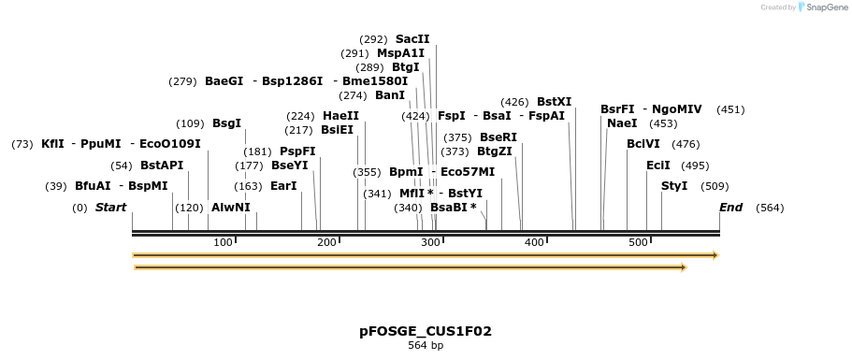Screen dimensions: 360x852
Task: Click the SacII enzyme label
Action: click(412, 39)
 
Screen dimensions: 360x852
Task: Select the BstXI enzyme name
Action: click(554, 102)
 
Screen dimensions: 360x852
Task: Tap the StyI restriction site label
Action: click(674, 186)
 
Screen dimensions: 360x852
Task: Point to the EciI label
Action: click(658, 166)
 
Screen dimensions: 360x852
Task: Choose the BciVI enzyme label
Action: click(643, 144)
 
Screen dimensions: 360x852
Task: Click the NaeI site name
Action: click(622, 123)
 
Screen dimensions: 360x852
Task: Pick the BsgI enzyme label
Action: click(226, 123)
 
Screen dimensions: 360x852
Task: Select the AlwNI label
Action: click(231, 208)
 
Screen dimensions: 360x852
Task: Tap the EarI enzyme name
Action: click(283, 186)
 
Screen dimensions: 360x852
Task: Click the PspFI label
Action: click(297, 151)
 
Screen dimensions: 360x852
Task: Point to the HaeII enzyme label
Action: click(340, 116)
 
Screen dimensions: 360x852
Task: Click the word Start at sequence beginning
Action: click(110, 208)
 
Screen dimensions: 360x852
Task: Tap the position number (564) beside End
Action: click(770, 208)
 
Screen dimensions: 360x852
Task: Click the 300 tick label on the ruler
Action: click(430, 243)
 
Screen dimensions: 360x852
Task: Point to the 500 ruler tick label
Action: click(638, 243)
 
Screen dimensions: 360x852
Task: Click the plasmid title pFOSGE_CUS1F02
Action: click(426, 331)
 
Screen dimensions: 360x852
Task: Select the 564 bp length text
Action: click(426, 346)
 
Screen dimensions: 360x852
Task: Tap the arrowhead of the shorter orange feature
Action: click(684, 267)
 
